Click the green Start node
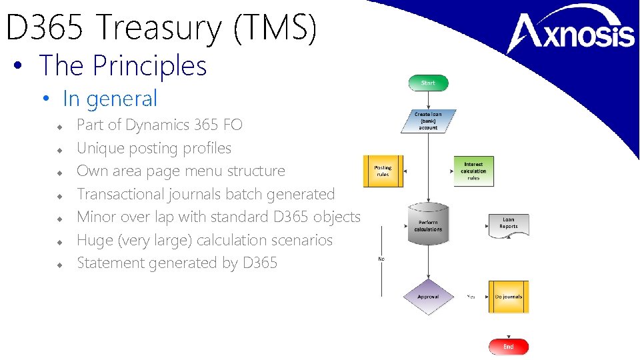tap(428, 83)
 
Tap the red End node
tap(508, 347)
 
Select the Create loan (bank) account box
tap(428, 121)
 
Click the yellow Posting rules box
tap(383, 171)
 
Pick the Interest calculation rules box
tap(473, 171)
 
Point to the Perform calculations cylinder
tap(428, 223)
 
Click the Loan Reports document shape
tap(508, 225)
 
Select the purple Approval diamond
tap(428, 297)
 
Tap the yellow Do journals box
tap(508, 297)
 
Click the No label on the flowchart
tap(381, 259)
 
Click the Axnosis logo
tap(572, 33)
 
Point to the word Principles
tap(150, 65)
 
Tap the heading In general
tap(110, 99)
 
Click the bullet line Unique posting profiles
tap(154, 148)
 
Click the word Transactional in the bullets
tap(118, 194)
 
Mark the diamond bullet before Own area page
tap(59, 172)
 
